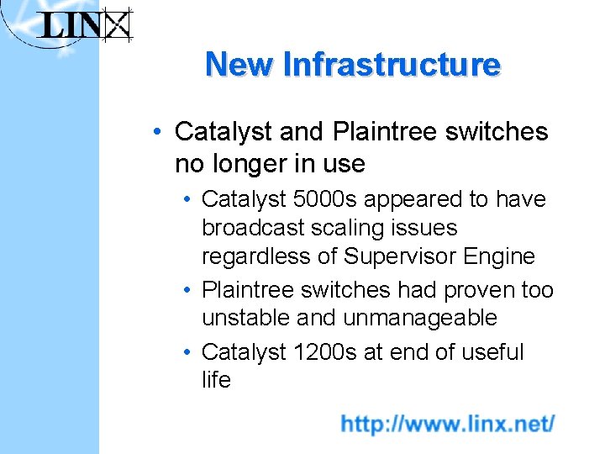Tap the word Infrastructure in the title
[392, 65]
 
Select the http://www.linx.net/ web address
[447, 424]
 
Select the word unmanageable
[420, 319]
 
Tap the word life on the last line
[216, 380]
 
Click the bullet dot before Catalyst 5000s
[190, 200]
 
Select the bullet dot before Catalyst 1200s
[190, 353]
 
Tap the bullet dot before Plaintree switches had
[190, 291]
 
